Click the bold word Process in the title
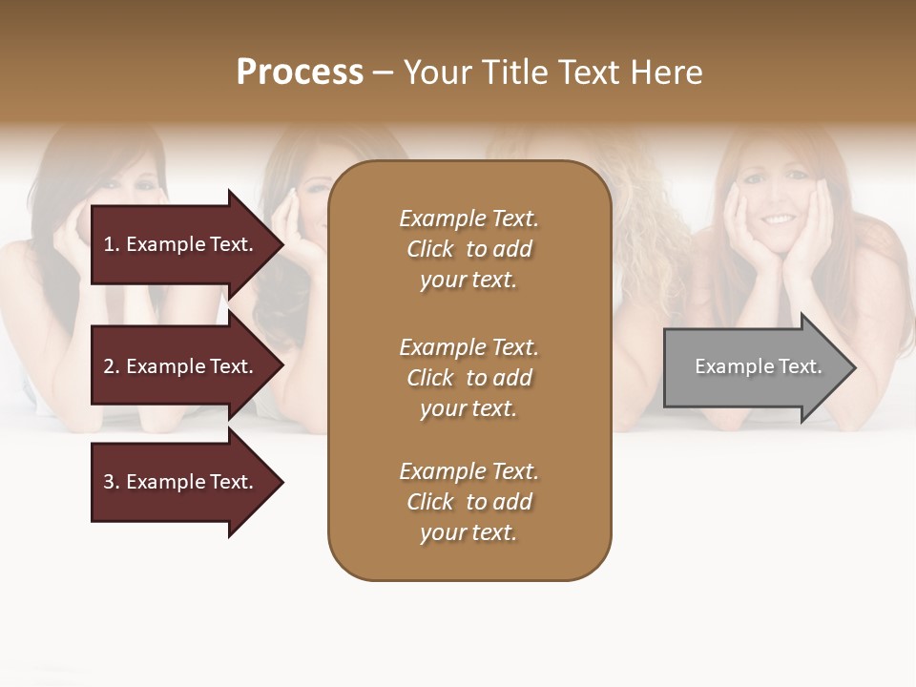[x=300, y=73]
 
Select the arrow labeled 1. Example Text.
[x=181, y=244]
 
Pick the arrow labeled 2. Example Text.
[x=181, y=366]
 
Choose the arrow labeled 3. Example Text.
[x=181, y=482]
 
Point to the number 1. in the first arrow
[x=112, y=244]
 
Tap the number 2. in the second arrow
[x=112, y=366]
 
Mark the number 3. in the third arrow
[x=112, y=482]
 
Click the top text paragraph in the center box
[x=468, y=249]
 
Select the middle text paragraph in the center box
[x=468, y=378]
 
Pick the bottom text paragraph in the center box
[x=468, y=502]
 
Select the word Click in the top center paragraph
[x=430, y=249]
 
